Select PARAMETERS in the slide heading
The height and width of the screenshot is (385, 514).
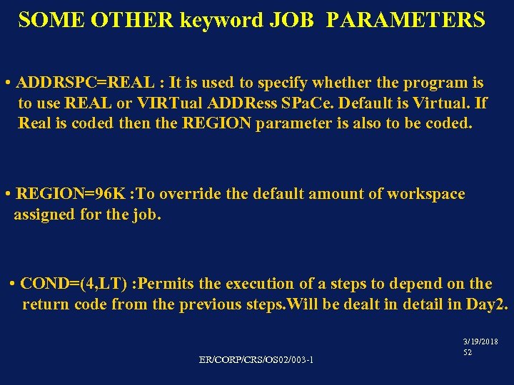coord(405,20)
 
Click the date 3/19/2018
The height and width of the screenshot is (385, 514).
coord(481,342)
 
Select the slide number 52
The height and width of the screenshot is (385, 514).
coord(468,352)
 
